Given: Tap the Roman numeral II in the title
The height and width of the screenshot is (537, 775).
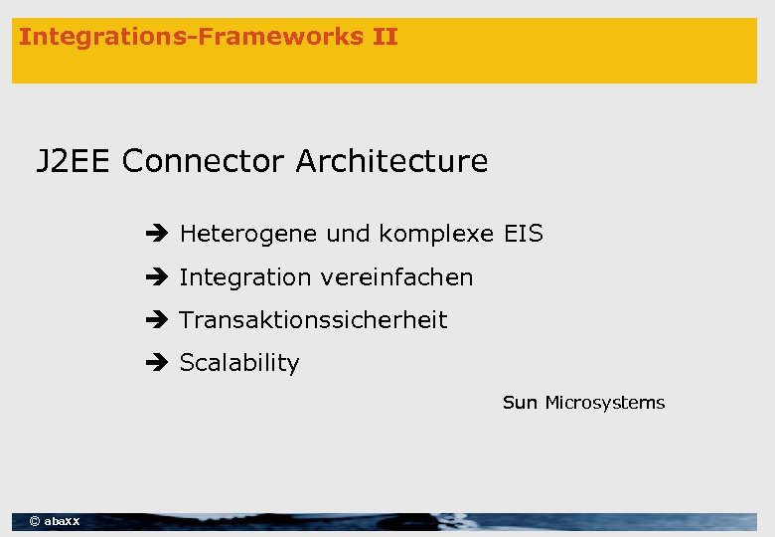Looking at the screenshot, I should point(385,38).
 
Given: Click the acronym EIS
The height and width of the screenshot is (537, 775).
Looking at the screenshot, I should point(523,235).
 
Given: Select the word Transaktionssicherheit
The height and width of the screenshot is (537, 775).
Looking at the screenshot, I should point(313,320).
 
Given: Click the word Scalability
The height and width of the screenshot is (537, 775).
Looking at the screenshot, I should point(238,363).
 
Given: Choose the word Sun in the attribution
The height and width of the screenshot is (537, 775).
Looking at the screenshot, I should point(520,403).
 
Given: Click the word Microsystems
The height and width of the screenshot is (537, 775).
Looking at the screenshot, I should point(605,403).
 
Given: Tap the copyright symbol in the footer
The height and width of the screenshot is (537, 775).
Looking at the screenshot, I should point(35,521).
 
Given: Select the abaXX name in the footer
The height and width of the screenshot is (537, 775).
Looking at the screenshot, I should point(63,521).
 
